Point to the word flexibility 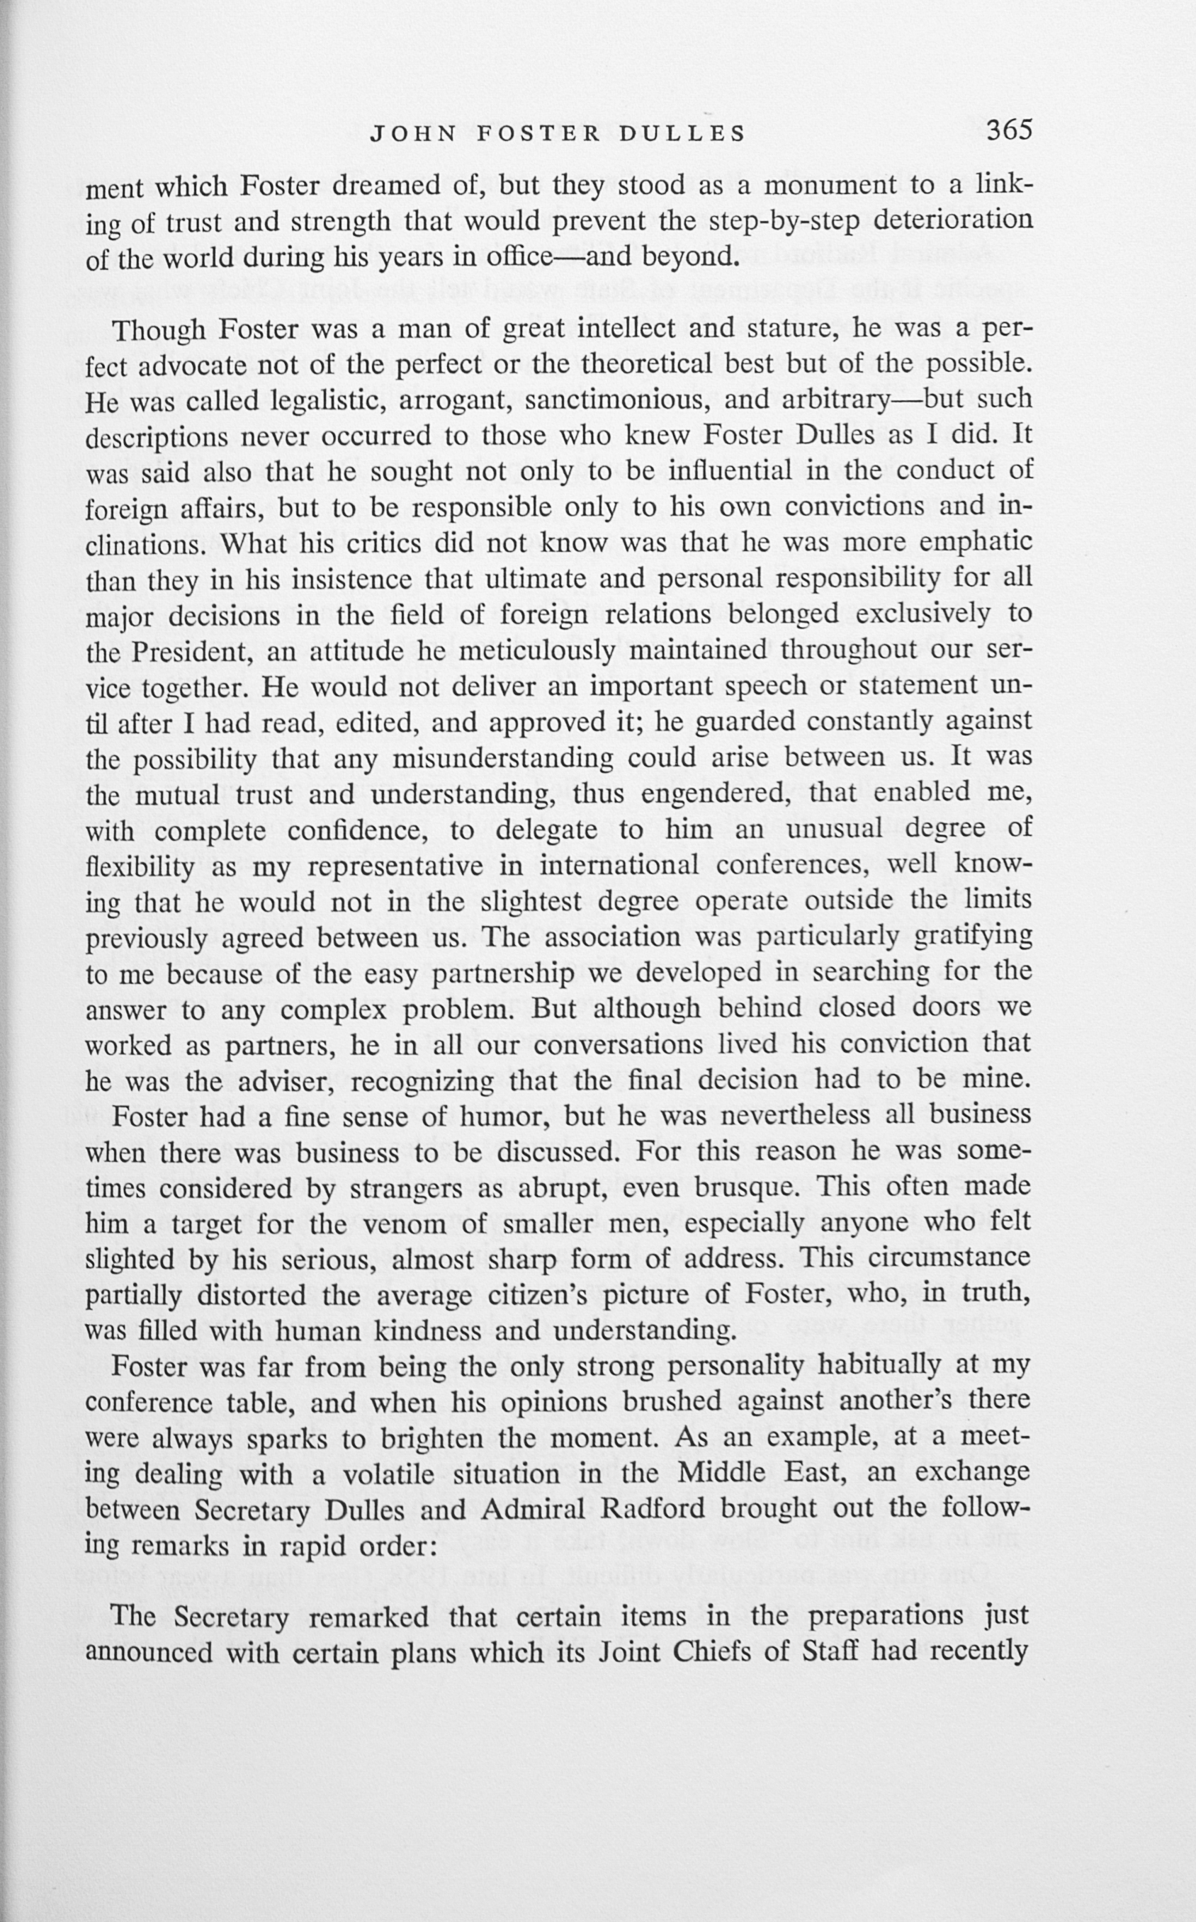(139, 869)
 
